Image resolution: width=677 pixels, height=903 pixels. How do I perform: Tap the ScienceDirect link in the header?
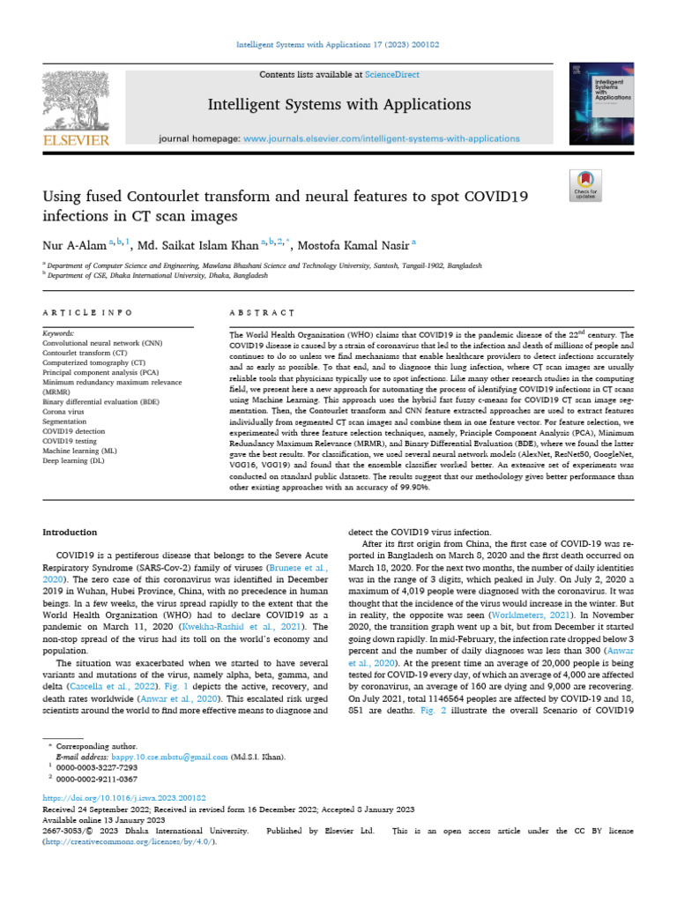(x=395, y=75)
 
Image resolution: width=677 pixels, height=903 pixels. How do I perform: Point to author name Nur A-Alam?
(x=73, y=243)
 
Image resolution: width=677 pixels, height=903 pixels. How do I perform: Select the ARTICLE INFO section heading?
(x=88, y=313)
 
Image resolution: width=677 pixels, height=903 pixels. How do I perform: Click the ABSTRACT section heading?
(x=261, y=313)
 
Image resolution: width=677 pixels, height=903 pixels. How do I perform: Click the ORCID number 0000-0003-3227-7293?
(x=96, y=767)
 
